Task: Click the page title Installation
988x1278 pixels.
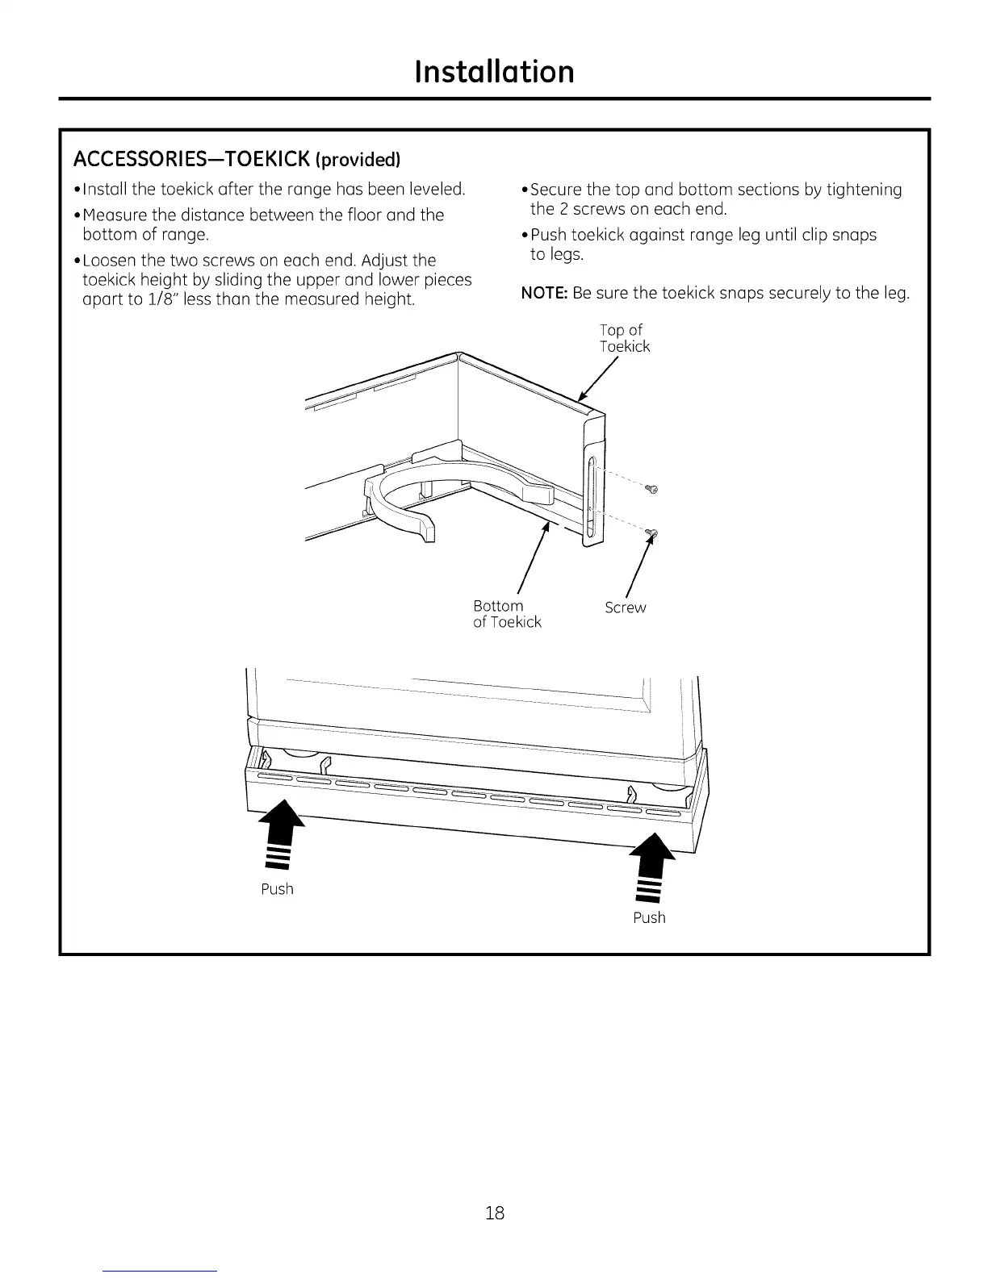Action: click(494, 71)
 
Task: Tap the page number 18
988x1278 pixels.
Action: click(495, 1212)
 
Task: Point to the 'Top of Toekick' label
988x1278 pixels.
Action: click(624, 338)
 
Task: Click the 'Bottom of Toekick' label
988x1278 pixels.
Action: click(507, 614)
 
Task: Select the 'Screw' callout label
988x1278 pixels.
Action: click(626, 608)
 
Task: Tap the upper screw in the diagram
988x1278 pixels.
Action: click(652, 489)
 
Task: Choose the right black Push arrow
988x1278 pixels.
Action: click(652, 866)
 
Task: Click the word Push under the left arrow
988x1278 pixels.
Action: click(277, 889)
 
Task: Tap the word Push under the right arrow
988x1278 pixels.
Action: click(649, 917)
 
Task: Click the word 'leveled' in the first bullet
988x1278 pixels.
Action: click(437, 190)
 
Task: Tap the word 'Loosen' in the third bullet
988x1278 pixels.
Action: click(110, 261)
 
